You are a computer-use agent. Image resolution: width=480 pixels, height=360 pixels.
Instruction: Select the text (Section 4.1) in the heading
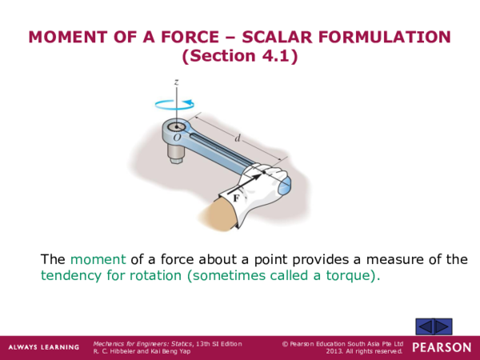coord(239,57)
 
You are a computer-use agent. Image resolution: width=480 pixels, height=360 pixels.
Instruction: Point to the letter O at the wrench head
coord(177,138)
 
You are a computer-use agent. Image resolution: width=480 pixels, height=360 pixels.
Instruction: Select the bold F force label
coord(237,194)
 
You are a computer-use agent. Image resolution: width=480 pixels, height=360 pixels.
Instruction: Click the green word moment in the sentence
coord(98,259)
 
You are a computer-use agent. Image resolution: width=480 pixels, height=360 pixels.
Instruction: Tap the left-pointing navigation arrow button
coord(426,326)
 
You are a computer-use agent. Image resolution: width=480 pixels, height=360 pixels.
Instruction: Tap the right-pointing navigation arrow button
coord(443,326)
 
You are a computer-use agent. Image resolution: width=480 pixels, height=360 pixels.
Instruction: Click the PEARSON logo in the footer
coord(442,347)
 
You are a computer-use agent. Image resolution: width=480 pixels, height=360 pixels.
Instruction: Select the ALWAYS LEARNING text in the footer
coord(44,347)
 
